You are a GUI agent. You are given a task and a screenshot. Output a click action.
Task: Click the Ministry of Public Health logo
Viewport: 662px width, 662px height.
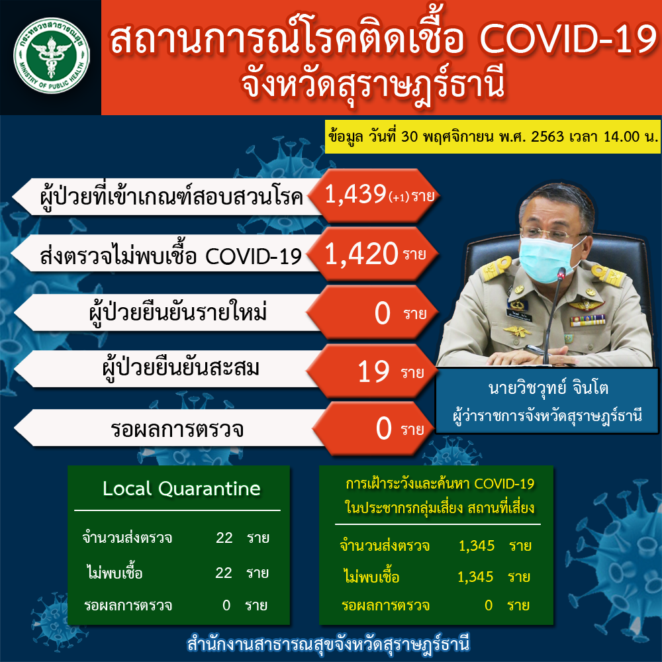pyautogui.click(x=52, y=56)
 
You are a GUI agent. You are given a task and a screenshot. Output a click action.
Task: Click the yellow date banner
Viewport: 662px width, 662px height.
pyautogui.click(x=493, y=137)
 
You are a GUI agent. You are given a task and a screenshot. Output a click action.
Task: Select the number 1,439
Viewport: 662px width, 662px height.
pyautogui.click(x=355, y=195)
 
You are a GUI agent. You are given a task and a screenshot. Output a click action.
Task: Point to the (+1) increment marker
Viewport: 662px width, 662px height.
pyautogui.click(x=399, y=197)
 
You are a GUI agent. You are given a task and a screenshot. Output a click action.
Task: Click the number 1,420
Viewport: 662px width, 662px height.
pyautogui.click(x=361, y=254)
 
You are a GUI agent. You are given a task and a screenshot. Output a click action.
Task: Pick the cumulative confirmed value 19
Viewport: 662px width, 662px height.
pyautogui.click(x=373, y=372)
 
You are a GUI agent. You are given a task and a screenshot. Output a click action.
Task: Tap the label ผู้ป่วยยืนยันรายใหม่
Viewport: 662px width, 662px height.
pyautogui.click(x=177, y=313)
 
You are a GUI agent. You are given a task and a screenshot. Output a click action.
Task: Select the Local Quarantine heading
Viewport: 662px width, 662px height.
pyautogui.click(x=181, y=489)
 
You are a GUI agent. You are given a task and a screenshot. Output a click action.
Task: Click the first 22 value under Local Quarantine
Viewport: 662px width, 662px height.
pyautogui.click(x=224, y=538)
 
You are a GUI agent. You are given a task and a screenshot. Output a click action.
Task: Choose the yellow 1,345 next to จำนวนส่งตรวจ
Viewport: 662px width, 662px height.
pyautogui.click(x=477, y=545)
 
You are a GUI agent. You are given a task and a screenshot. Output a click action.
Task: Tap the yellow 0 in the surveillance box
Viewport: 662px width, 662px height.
pyautogui.click(x=489, y=605)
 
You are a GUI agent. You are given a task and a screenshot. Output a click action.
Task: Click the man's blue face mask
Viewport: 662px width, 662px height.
pyautogui.click(x=547, y=258)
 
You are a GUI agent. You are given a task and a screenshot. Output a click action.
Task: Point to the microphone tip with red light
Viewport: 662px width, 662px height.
pyautogui.click(x=561, y=273)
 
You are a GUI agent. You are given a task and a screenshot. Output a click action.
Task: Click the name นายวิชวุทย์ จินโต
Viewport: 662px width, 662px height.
pyautogui.click(x=548, y=387)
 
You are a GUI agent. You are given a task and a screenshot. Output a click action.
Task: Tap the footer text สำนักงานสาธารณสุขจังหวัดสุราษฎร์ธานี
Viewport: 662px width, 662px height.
pyautogui.click(x=328, y=644)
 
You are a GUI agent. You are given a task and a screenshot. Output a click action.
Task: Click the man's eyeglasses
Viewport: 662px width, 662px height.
pyautogui.click(x=551, y=233)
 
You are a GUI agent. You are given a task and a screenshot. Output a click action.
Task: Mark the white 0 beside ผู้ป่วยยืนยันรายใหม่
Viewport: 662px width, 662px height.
pyautogui.click(x=382, y=313)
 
